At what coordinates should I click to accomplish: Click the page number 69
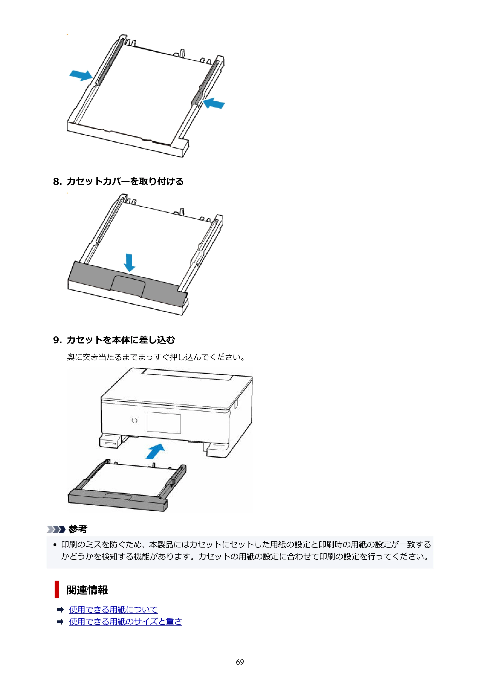click(240, 662)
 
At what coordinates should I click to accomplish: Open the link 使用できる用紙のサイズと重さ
click(125, 622)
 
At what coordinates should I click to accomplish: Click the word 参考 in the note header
click(78, 529)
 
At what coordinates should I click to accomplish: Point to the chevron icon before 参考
click(56, 529)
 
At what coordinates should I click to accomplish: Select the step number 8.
click(57, 182)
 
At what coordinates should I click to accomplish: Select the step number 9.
click(57, 340)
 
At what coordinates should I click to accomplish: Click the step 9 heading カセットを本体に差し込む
click(121, 340)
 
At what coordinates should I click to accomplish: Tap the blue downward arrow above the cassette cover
click(129, 262)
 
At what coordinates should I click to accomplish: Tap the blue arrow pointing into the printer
click(155, 451)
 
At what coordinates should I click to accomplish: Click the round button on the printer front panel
click(135, 420)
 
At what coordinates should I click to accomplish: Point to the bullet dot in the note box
click(55, 545)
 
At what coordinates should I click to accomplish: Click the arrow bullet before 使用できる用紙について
click(61, 610)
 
